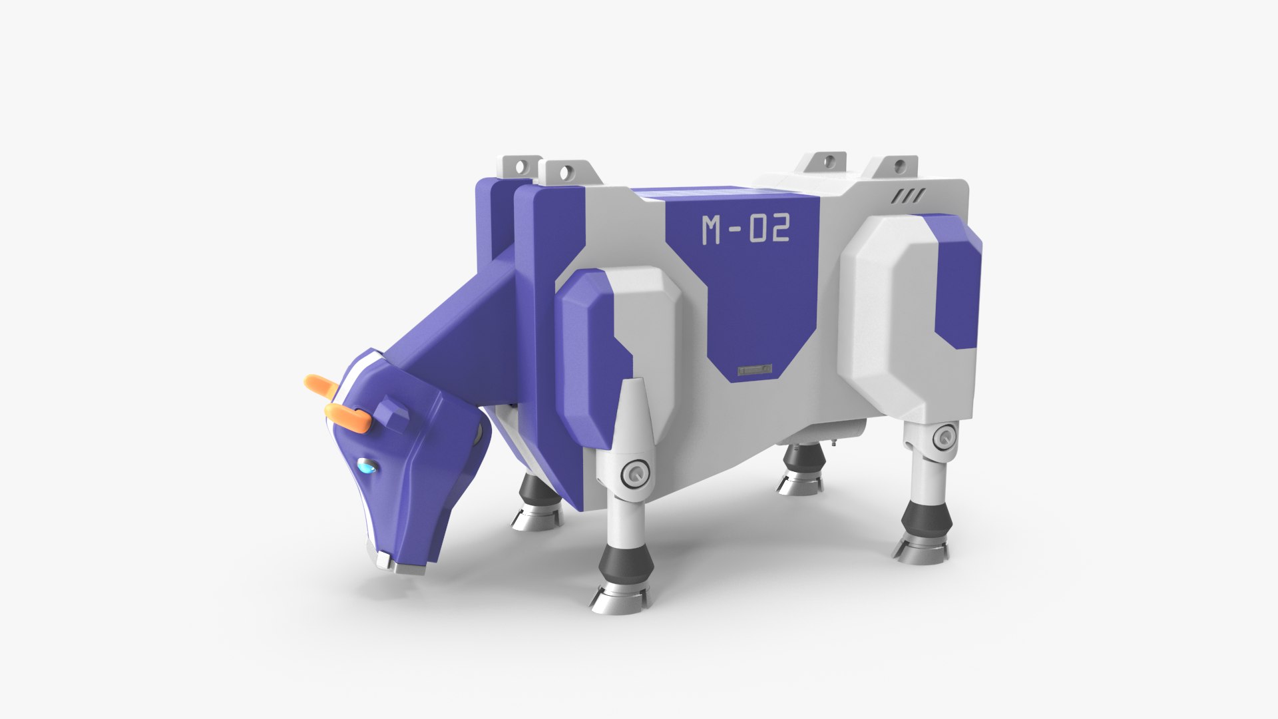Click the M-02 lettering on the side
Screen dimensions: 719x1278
point(745,229)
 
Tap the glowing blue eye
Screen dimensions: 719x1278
point(367,466)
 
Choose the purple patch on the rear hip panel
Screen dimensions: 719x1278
point(958,286)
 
